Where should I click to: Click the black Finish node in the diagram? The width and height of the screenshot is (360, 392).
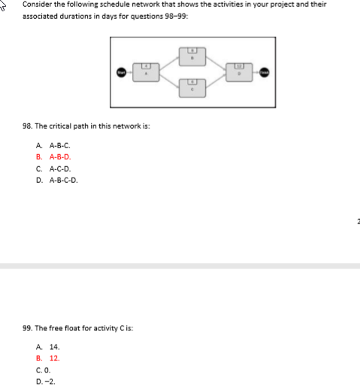pyautogui.click(x=264, y=73)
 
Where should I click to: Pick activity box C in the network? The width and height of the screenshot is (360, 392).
pyautogui.click(x=192, y=90)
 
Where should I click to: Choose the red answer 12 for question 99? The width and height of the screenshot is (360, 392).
pyautogui.click(x=54, y=358)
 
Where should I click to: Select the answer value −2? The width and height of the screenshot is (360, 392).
pyautogui.click(x=53, y=381)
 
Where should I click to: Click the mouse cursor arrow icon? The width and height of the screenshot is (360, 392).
pyautogui.click(x=7, y=5)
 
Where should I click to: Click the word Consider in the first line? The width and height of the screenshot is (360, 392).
pyautogui.click(x=36, y=4)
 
